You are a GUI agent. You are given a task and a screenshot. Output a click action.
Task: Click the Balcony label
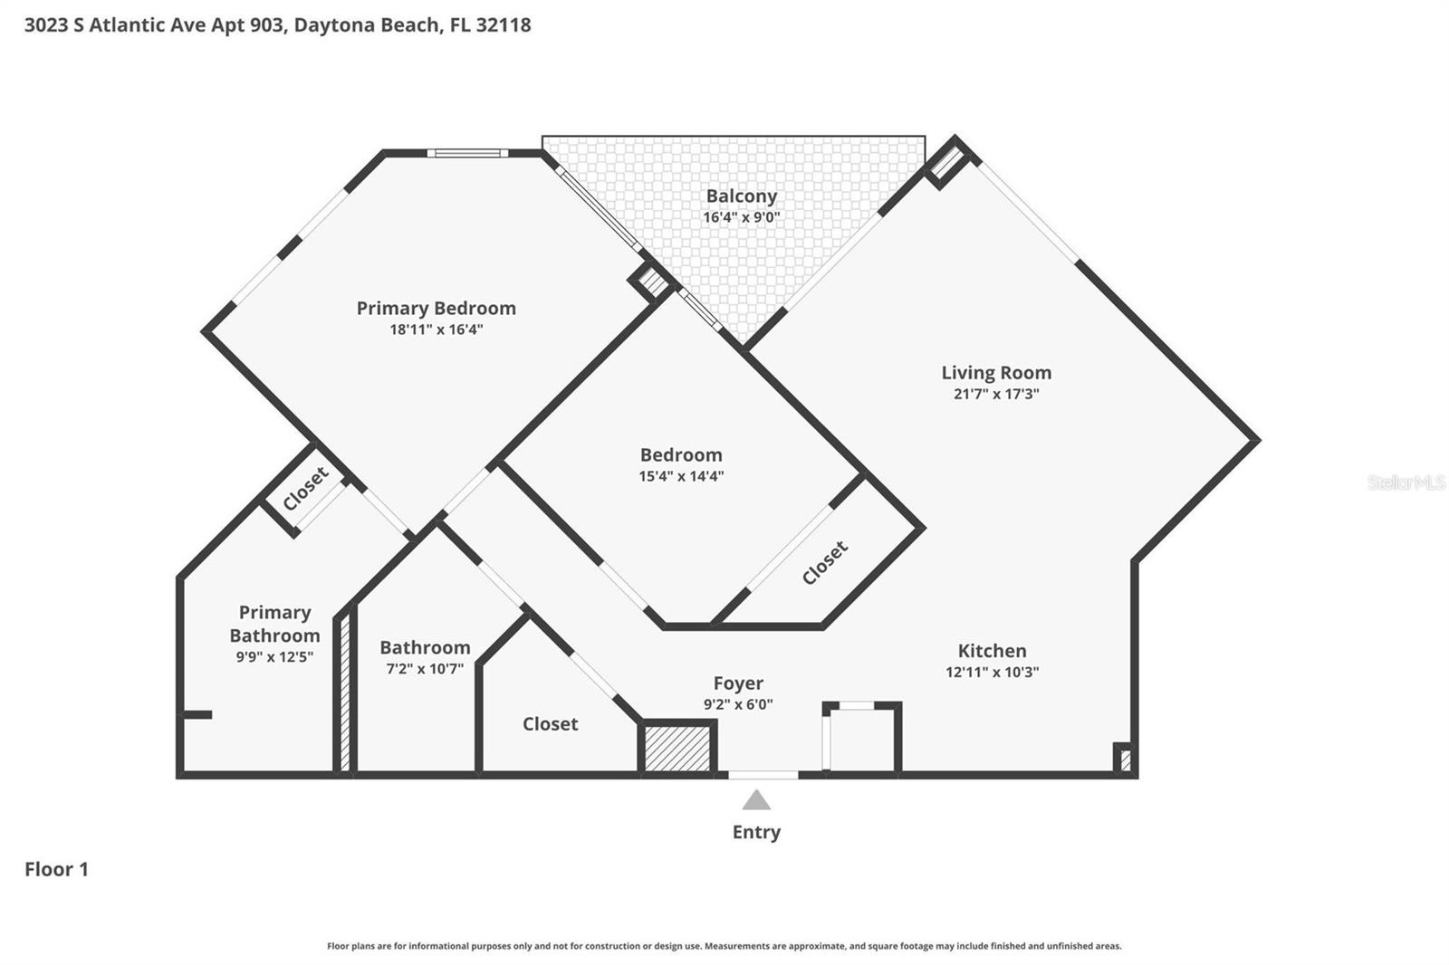point(741,196)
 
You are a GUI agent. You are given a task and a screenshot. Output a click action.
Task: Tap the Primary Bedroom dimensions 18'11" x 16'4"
point(436,330)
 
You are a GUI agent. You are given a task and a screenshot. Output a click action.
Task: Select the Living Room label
point(995,372)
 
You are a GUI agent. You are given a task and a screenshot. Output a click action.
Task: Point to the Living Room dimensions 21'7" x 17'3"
point(995,394)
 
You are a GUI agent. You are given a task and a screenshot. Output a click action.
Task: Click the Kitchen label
point(992,650)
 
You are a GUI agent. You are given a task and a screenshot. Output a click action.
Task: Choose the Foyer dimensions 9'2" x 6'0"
point(737,704)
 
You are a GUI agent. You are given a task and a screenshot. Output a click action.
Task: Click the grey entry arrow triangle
point(756,800)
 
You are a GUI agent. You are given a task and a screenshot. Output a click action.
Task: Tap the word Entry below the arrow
point(756,832)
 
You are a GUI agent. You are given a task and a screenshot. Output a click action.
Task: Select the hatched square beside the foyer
point(677,748)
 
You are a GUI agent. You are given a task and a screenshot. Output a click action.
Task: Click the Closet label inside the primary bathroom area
point(305,490)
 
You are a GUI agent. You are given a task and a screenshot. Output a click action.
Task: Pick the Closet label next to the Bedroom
point(824,562)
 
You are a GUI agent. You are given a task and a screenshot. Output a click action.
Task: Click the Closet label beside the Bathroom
point(550,723)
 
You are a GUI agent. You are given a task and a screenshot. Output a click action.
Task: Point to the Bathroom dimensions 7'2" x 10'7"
point(425,669)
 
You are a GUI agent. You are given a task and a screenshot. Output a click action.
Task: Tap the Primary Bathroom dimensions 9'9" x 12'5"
point(274,657)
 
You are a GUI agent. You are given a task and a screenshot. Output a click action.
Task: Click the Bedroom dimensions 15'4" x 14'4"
point(681,476)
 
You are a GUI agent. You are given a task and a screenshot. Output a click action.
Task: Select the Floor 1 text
point(56,869)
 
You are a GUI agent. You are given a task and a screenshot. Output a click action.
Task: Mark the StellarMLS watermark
point(1406,482)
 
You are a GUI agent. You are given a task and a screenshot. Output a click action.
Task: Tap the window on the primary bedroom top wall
point(467,153)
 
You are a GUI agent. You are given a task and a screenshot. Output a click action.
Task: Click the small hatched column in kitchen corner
point(1124,759)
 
